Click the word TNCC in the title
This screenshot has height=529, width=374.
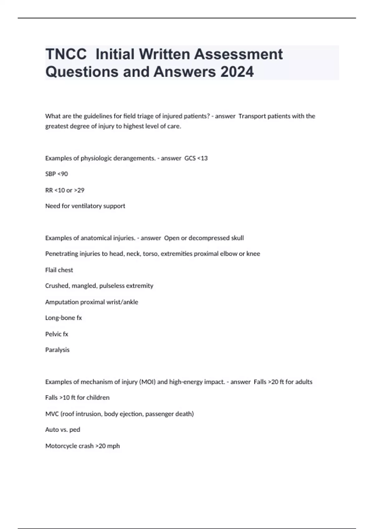(x=66, y=54)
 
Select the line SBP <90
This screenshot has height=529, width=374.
(x=56, y=174)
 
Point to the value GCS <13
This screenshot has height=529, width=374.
(x=196, y=158)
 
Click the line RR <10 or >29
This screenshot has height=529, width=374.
(x=65, y=190)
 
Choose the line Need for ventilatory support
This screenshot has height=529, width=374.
(x=85, y=206)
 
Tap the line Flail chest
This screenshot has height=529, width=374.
(x=59, y=270)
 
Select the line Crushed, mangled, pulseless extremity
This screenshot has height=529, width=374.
(x=99, y=286)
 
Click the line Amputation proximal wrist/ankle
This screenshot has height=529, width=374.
(x=92, y=302)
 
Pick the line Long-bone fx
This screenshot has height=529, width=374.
(x=63, y=318)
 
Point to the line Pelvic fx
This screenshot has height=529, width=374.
(x=56, y=334)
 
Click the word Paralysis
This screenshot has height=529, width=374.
(x=57, y=350)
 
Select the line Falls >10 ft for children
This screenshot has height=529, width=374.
(x=77, y=398)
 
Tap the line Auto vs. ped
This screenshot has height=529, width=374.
(x=63, y=430)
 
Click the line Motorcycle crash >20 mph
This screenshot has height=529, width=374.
(x=82, y=446)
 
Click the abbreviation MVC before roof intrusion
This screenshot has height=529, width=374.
(x=52, y=414)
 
